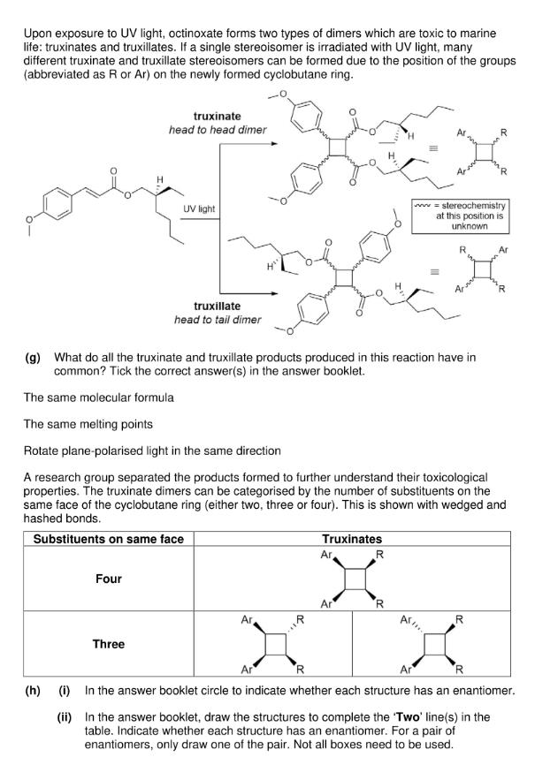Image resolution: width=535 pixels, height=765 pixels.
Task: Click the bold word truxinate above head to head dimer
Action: coord(218,116)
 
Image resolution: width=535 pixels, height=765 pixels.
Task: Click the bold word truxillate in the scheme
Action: coord(218,306)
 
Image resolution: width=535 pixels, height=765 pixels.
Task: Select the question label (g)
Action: coord(33,358)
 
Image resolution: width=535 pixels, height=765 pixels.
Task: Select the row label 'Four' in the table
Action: coord(109,579)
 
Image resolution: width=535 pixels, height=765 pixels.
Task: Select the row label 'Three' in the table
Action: coord(109,644)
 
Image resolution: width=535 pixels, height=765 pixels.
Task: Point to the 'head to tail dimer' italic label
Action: coord(218,319)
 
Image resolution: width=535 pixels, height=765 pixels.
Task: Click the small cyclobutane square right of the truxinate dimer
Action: coord(485,153)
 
